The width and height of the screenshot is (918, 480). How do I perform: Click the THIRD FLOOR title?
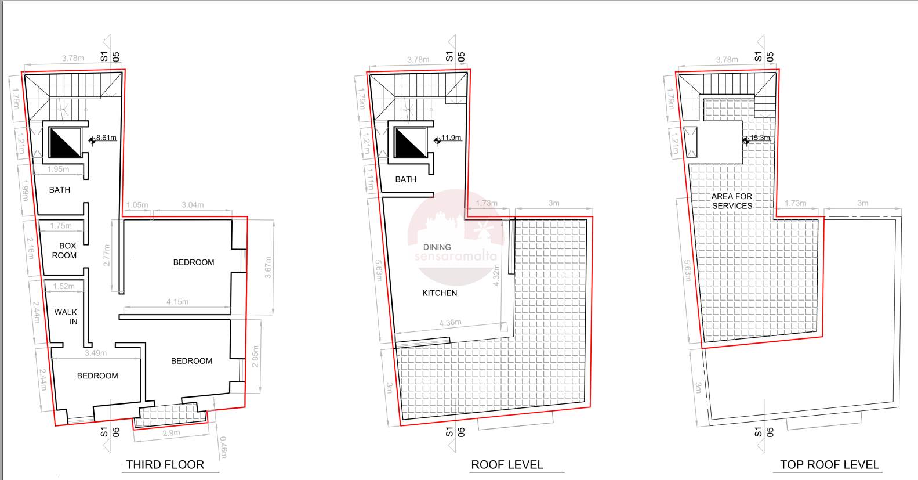tap(165, 464)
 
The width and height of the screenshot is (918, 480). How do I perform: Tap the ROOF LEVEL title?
tap(507, 464)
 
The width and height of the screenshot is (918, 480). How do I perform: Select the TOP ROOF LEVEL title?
tap(829, 464)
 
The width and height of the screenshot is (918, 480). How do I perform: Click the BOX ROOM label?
tap(64, 250)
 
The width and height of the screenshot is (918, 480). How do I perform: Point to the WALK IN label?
tap(66, 317)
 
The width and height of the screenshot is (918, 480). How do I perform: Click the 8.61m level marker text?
tap(106, 138)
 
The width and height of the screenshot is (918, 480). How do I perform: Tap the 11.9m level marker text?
tap(451, 138)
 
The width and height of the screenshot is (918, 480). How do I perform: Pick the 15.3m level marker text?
tap(760, 138)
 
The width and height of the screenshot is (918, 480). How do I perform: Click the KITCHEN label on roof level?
tap(440, 293)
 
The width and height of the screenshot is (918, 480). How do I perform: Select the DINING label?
tap(437, 247)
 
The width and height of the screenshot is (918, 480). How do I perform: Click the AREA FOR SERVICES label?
tap(732, 201)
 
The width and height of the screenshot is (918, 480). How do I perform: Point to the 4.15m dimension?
tap(177, 302)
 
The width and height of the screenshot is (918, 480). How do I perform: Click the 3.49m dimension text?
tap(96, 353)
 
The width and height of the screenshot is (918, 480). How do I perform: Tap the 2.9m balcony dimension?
tap(171, 433)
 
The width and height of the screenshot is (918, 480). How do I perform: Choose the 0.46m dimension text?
tap(223, 447)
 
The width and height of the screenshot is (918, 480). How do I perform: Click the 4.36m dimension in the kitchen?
tap(451, 323)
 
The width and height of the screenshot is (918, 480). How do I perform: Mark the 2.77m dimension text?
tap(107, 255)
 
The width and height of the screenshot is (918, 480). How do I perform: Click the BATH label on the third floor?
tap(59, 190)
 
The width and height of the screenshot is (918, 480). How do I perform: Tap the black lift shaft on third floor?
tap(65, 142)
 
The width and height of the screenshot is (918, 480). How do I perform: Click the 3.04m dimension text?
tap(193, 205)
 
